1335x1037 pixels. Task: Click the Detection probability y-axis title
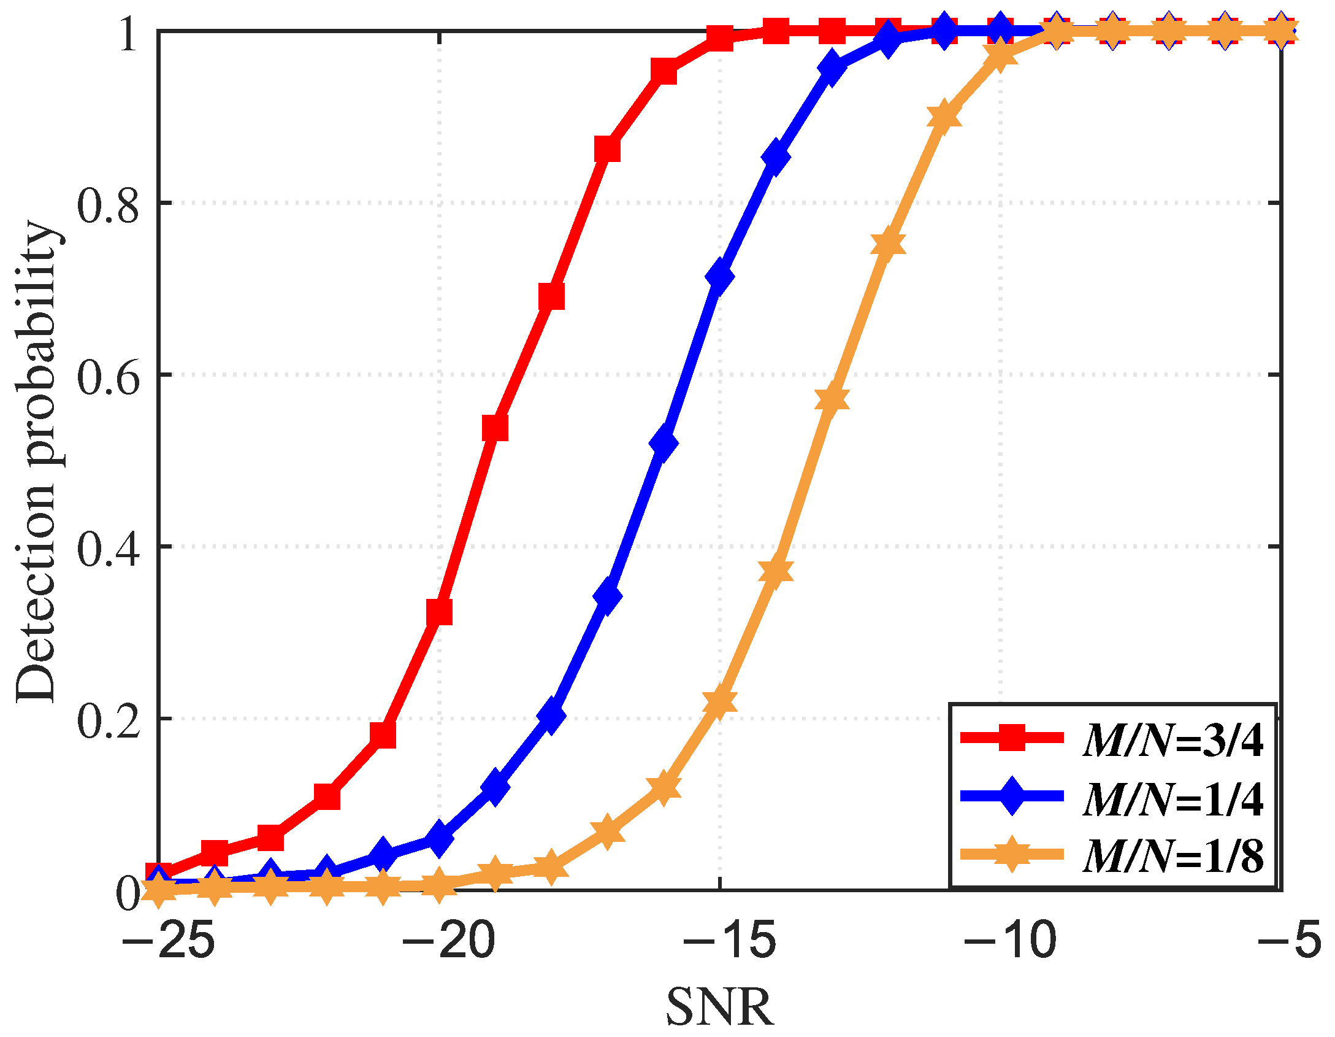tap(37, 460)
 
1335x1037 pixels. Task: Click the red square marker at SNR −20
tap(439, 612)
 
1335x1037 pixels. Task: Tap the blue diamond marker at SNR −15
tap(719, 277)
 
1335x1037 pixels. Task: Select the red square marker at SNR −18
tap(551, 297)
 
